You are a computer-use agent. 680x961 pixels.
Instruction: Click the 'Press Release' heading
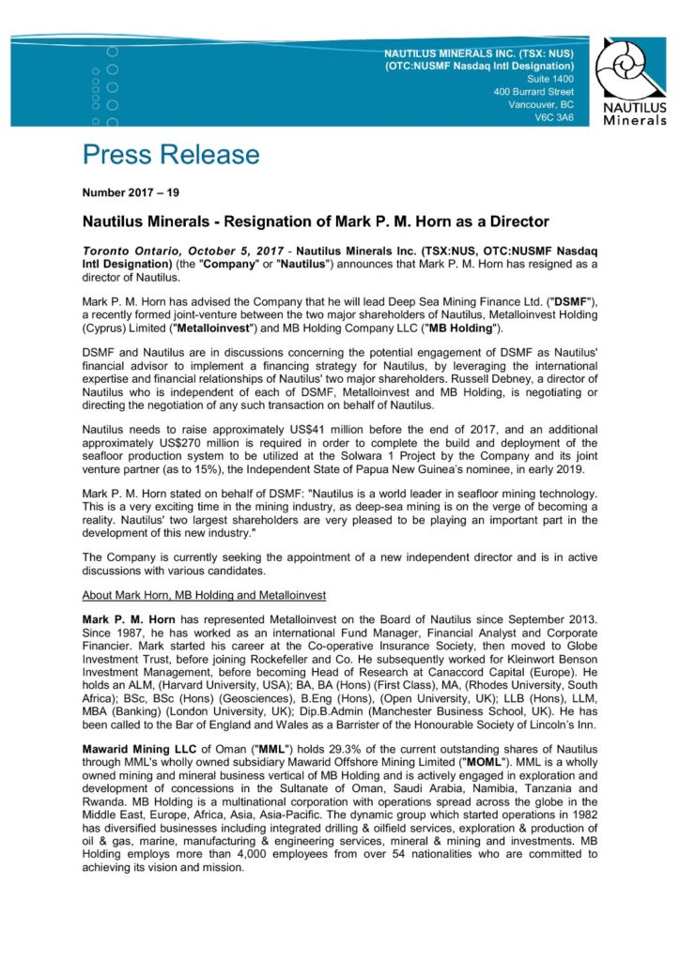tap(170, 155)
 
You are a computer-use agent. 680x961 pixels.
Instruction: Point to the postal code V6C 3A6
tap(553, 117)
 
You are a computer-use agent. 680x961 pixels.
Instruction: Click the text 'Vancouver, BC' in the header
tap(540, 104)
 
